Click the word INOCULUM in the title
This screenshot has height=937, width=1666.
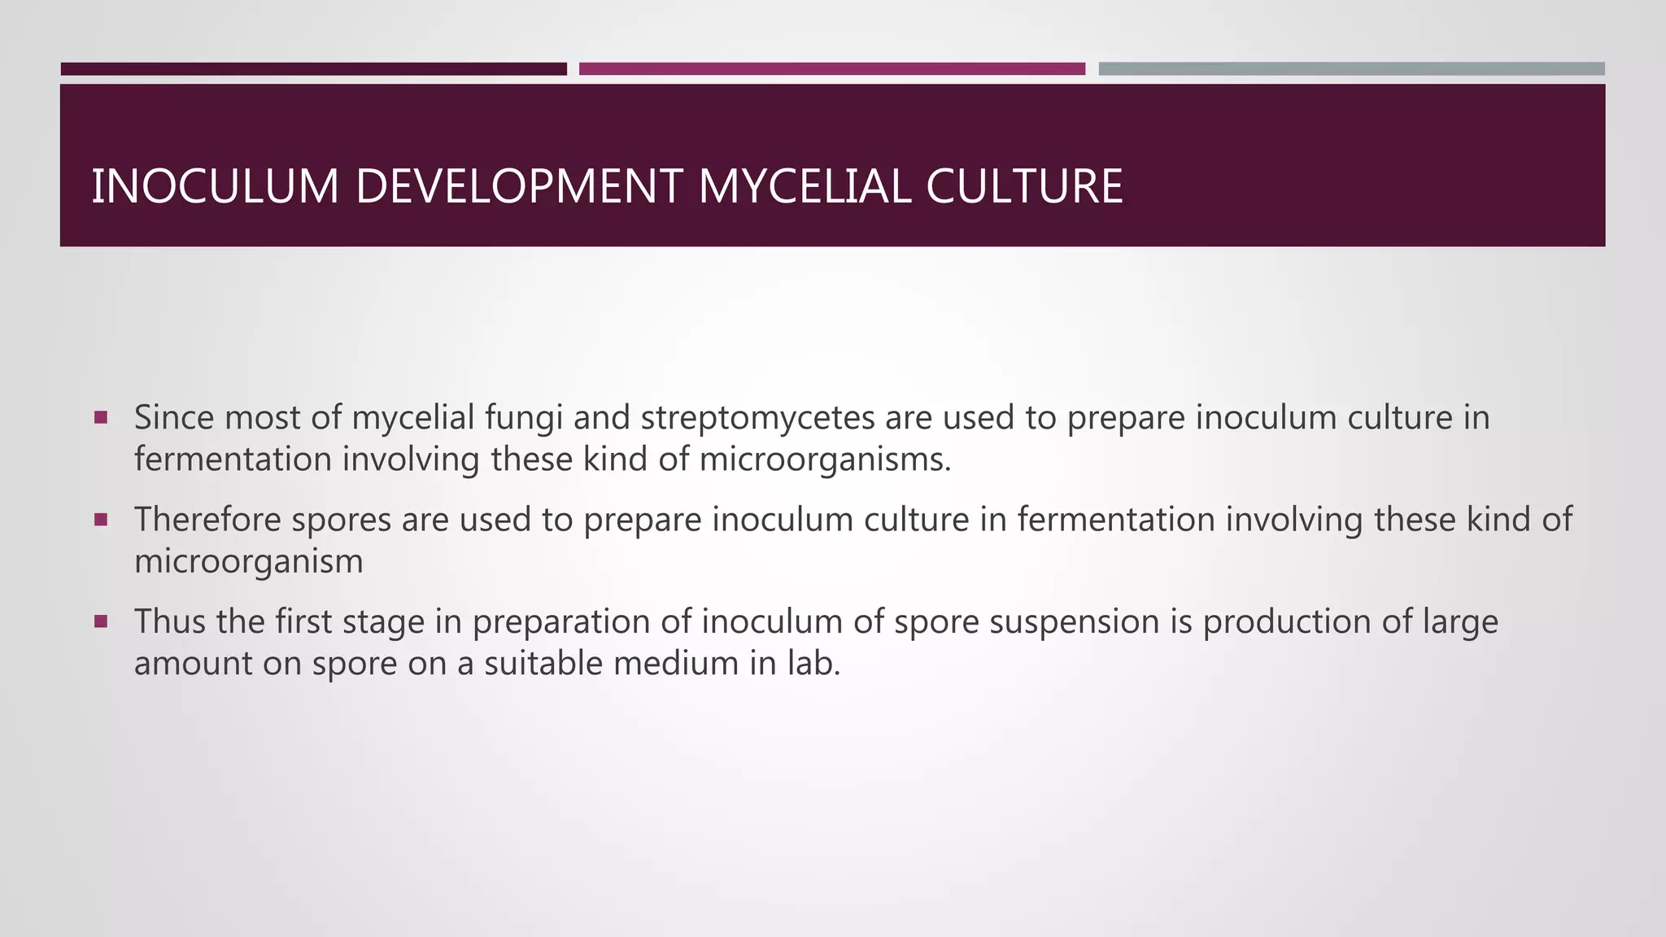(215, 186)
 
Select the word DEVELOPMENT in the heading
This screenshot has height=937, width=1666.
(518, 186)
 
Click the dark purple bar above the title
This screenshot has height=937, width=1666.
(313, 69)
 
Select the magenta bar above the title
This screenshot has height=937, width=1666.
(831, 69)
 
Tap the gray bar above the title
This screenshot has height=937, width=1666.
(1351, 69)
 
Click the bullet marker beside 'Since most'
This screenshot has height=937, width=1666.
(101, 418)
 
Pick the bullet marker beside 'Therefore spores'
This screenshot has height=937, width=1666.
(101, 520)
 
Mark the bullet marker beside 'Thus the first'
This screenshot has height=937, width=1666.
(101, 622)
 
